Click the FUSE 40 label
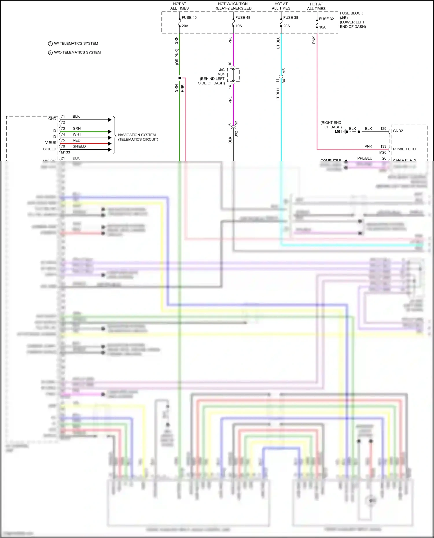pos(189,18)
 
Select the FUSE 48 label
pos(242,18)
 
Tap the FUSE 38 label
pos(290,18)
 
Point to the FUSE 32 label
pos(326,19)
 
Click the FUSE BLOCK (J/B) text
pos(351,15)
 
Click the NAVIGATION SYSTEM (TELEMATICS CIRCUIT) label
pos(138,137)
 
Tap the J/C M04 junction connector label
pos(221,72)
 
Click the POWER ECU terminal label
pos(404,149)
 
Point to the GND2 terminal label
pos(398,131)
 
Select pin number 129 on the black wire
pos(383,129)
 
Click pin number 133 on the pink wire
pos(383,147)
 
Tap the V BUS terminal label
pos(51,143)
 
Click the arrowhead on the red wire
pos(110,144)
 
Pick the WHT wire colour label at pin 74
pos(77,134)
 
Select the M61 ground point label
pos(338,132)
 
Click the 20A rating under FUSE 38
pos(286,26)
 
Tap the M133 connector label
pos(65,152)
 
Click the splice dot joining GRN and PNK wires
pos(180,78)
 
